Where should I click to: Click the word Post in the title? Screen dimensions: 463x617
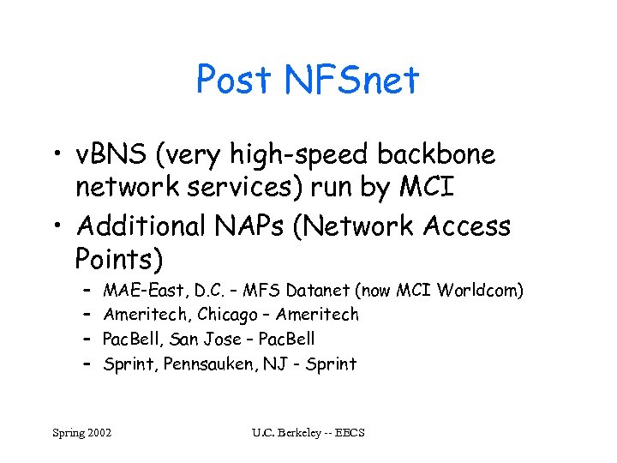(234, 81)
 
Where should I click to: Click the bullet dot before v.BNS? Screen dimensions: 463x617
(57, 156)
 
